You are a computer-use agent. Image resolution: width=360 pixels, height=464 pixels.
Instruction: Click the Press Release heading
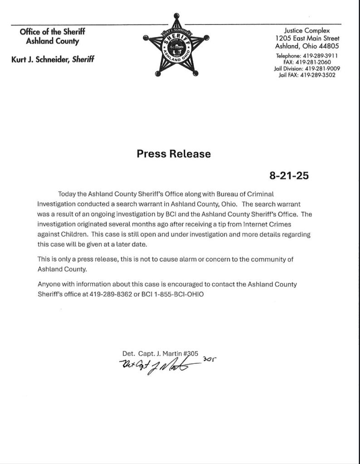coord(174,154)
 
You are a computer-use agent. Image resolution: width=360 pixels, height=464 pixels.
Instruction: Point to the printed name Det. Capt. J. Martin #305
coord(161,353)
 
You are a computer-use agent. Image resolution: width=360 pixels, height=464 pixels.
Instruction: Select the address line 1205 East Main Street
coord(307,39)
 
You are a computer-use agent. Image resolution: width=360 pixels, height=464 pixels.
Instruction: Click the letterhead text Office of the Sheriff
coord(52,32)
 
